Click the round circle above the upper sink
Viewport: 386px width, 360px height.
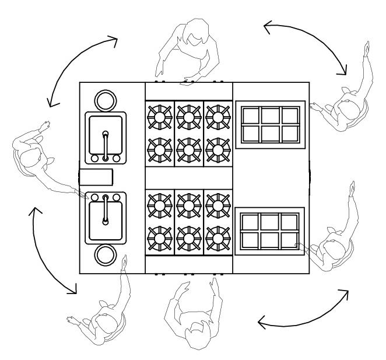(x=106, y=99)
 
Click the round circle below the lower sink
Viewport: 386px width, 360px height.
(x=106, y=256)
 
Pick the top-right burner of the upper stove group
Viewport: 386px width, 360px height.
(x=217, y=114)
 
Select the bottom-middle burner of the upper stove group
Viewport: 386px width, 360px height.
(x=188, y=149)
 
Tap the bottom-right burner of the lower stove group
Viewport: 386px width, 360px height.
(x=217, y=236)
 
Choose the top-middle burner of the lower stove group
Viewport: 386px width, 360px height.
(x=188, y=204)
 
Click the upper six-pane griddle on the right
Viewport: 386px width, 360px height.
(x=270, y=124)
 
